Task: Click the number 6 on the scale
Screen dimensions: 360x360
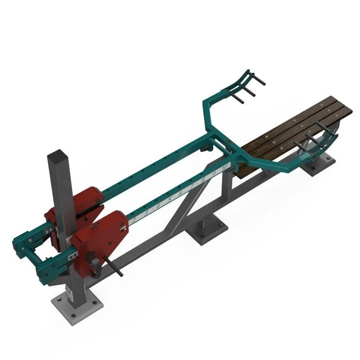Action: click(180, 194)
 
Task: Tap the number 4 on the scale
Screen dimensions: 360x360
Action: click(158, 206)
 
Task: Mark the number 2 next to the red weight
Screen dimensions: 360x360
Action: click(135, 219)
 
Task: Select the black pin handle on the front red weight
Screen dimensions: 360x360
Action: click(114, 267)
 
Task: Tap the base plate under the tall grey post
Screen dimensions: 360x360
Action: click(77, 307)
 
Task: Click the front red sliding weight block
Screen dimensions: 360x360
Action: click(101, 239)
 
